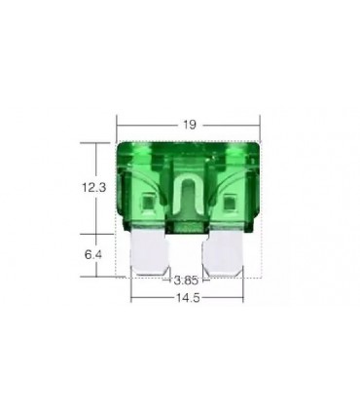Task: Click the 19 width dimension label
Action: [189, 124]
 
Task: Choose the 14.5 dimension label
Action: [188, 298]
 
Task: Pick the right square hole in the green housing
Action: [231, 206]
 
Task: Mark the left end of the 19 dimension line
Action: [117, 124]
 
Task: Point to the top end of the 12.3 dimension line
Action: [94, 143]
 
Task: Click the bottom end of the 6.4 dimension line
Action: [94, 276]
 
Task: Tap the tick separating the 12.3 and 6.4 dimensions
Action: [94, 233]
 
